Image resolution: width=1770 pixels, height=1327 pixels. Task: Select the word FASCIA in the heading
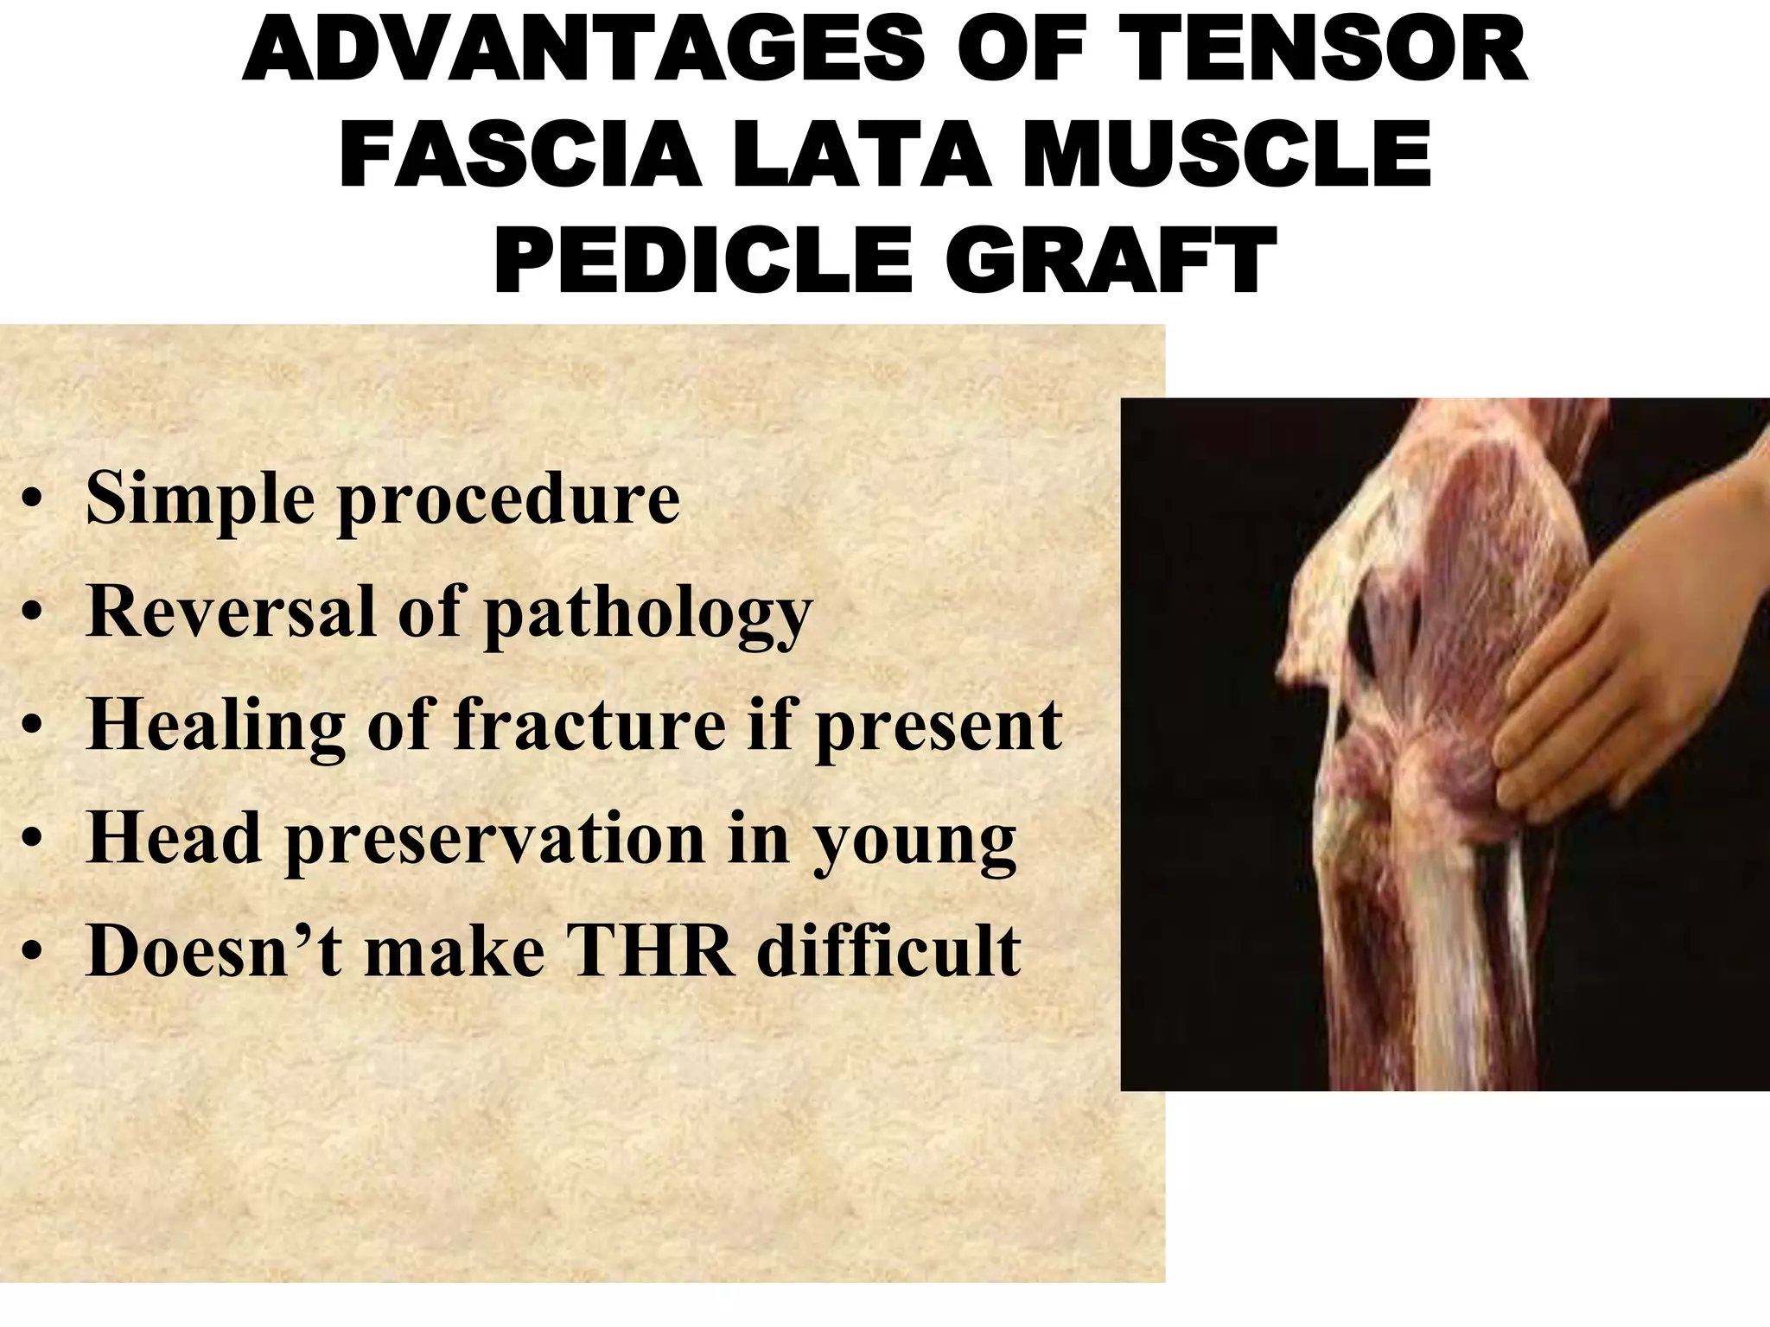pos(519,156)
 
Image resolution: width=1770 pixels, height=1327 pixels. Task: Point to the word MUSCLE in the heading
pos(1227,156)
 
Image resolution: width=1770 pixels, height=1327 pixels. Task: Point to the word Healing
pos(217,727)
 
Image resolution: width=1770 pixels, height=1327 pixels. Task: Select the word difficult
pos(889,951)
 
